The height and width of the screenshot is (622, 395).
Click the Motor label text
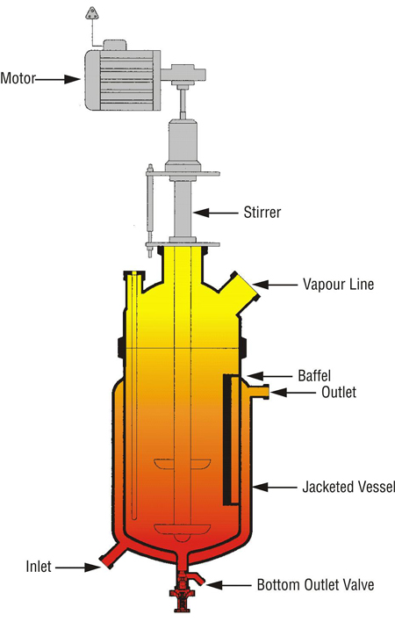coord(18,78)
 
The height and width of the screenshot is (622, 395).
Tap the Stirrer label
coord(262,213)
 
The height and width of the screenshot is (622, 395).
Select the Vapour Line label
coord(338,285)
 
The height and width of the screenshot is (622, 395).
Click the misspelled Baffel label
coord(314,376)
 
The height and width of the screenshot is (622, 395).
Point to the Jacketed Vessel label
coord(348,487)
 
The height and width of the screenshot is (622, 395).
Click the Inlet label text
coord(39,567)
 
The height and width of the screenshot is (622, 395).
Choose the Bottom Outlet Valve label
coord(315,585)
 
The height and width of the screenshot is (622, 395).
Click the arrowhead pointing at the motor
coord(73,79)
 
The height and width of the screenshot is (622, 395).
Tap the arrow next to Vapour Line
coord(275,285)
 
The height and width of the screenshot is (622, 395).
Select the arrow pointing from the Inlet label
coord(78,568)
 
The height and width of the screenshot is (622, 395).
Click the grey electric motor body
coord(122,80)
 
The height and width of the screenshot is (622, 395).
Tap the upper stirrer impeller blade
coord(183,464)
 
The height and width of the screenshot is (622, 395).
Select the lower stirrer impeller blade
coord(183,529)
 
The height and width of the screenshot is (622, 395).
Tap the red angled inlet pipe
coord(113,555)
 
